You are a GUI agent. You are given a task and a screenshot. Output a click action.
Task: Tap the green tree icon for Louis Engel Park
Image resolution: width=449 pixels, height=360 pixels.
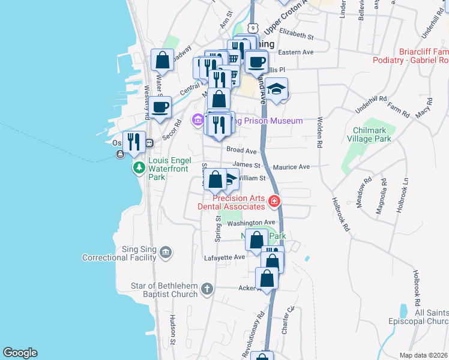click(139, 166)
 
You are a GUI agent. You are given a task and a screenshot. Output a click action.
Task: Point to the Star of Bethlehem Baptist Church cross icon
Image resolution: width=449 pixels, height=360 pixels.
click(206, 289)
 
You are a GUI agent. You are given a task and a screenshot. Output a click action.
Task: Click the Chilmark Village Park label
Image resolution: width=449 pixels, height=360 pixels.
click(364, 134)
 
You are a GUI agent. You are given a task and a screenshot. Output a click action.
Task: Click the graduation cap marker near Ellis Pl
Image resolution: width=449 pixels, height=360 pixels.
click(277, 89)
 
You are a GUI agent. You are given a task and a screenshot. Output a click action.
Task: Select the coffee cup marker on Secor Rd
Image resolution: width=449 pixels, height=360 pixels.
click(160, 107)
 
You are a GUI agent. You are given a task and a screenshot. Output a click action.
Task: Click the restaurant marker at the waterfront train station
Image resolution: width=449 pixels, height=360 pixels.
click(134, 142)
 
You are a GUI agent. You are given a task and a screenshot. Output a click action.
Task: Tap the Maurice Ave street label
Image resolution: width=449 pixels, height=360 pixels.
click(291, 167)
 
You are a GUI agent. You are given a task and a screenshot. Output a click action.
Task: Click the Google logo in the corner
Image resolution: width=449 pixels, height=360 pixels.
click(20, 353)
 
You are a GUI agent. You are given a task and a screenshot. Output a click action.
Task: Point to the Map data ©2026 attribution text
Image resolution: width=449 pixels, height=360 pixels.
click(423, 355)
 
